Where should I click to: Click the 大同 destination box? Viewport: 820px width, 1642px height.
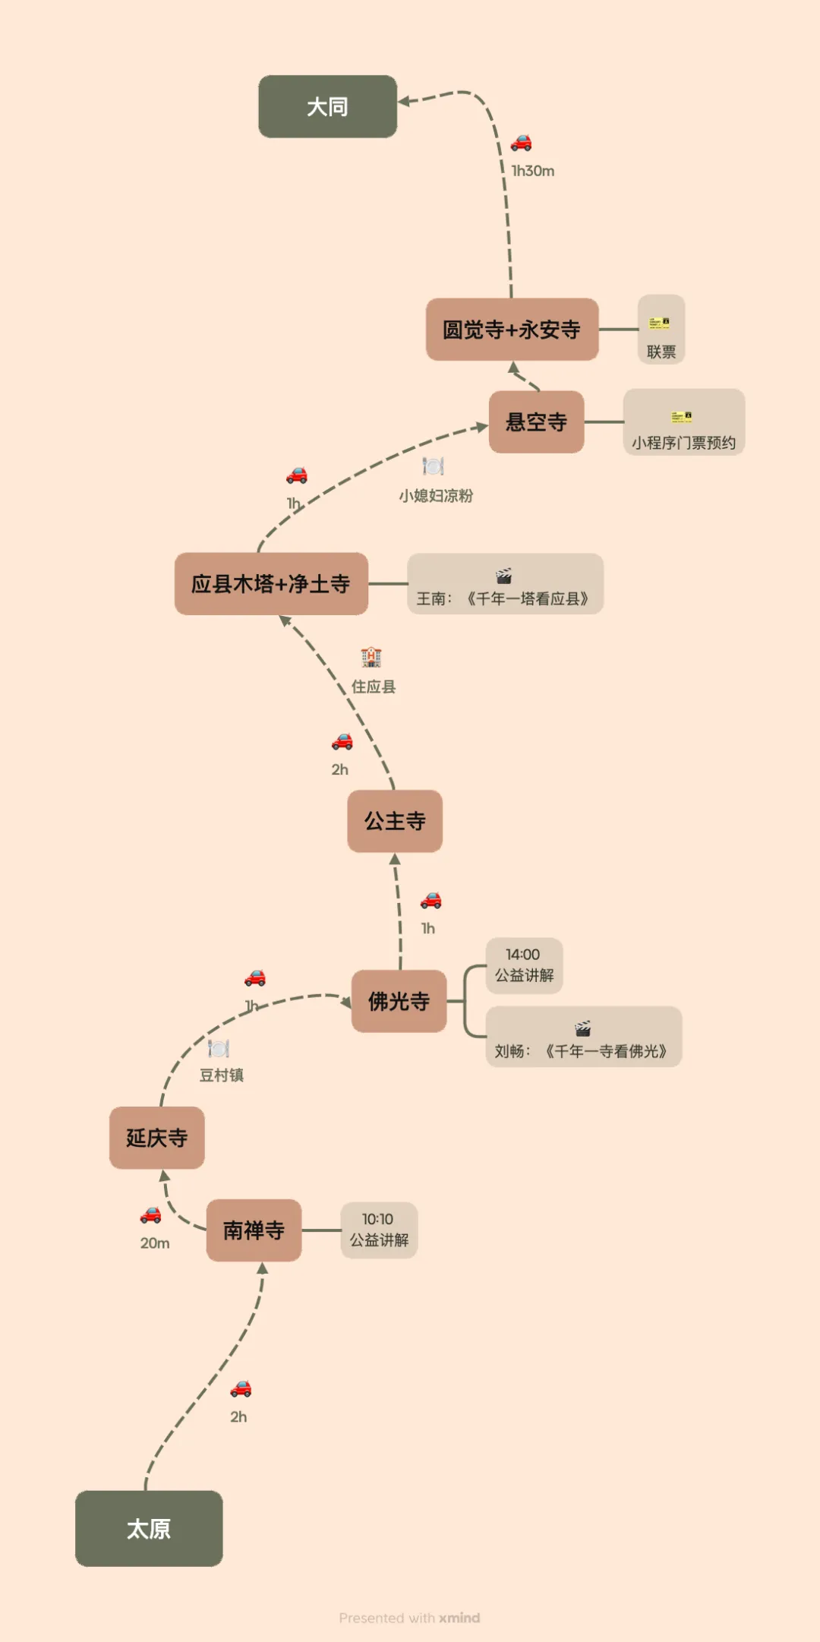point(327,106)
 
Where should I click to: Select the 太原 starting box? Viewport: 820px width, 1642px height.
point(149,1528)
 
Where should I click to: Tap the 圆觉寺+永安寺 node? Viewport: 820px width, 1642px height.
point(512,330)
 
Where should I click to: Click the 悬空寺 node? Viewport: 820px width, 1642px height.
point(536,422)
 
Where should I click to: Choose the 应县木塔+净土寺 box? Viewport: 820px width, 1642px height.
point(271,584)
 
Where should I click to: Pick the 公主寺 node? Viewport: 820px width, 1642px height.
point(395,821)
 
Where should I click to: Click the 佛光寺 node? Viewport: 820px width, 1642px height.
point(399,1001)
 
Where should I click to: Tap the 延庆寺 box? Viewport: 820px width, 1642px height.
point(157,1138)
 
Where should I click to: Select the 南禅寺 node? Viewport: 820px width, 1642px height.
point(254,1230)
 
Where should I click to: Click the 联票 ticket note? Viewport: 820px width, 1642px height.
point(661,330)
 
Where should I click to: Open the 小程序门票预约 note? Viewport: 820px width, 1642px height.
point(683,422)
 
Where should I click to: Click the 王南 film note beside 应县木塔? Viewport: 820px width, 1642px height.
point(505,584)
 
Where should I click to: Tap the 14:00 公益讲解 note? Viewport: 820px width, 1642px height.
point(524,965)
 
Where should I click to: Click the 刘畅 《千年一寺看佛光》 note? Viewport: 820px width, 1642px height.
point(583,1037)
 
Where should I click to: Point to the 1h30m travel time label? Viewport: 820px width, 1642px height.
point(533,172)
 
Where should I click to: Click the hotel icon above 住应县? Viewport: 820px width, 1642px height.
point(371,657)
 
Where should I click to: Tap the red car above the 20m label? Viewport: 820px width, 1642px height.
point(151,1215)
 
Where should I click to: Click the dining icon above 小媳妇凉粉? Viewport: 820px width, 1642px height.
point(433,466)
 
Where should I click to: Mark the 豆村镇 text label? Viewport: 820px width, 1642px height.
point(222,1075)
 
